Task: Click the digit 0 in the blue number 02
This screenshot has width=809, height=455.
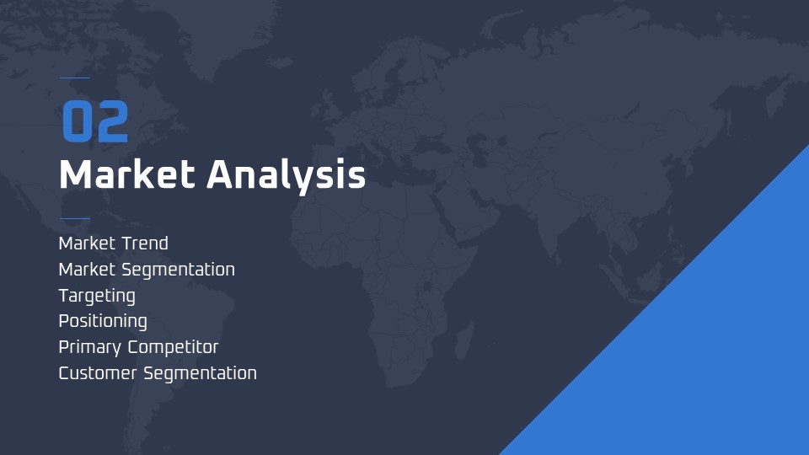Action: coord(77,121)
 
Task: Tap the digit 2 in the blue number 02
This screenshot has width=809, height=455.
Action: coord(112,121)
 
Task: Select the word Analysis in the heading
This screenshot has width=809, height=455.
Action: coord(287,176)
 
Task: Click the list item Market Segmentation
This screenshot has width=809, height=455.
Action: coord(147,270)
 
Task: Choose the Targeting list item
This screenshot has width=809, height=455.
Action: coord(97,296)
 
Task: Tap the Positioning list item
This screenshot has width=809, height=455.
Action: coord(103,321)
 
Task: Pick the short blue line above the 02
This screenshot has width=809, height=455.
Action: coord(75,78)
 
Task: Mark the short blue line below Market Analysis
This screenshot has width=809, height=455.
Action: coord(75,218)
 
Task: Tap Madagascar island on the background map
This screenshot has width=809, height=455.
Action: coord(464,340)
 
